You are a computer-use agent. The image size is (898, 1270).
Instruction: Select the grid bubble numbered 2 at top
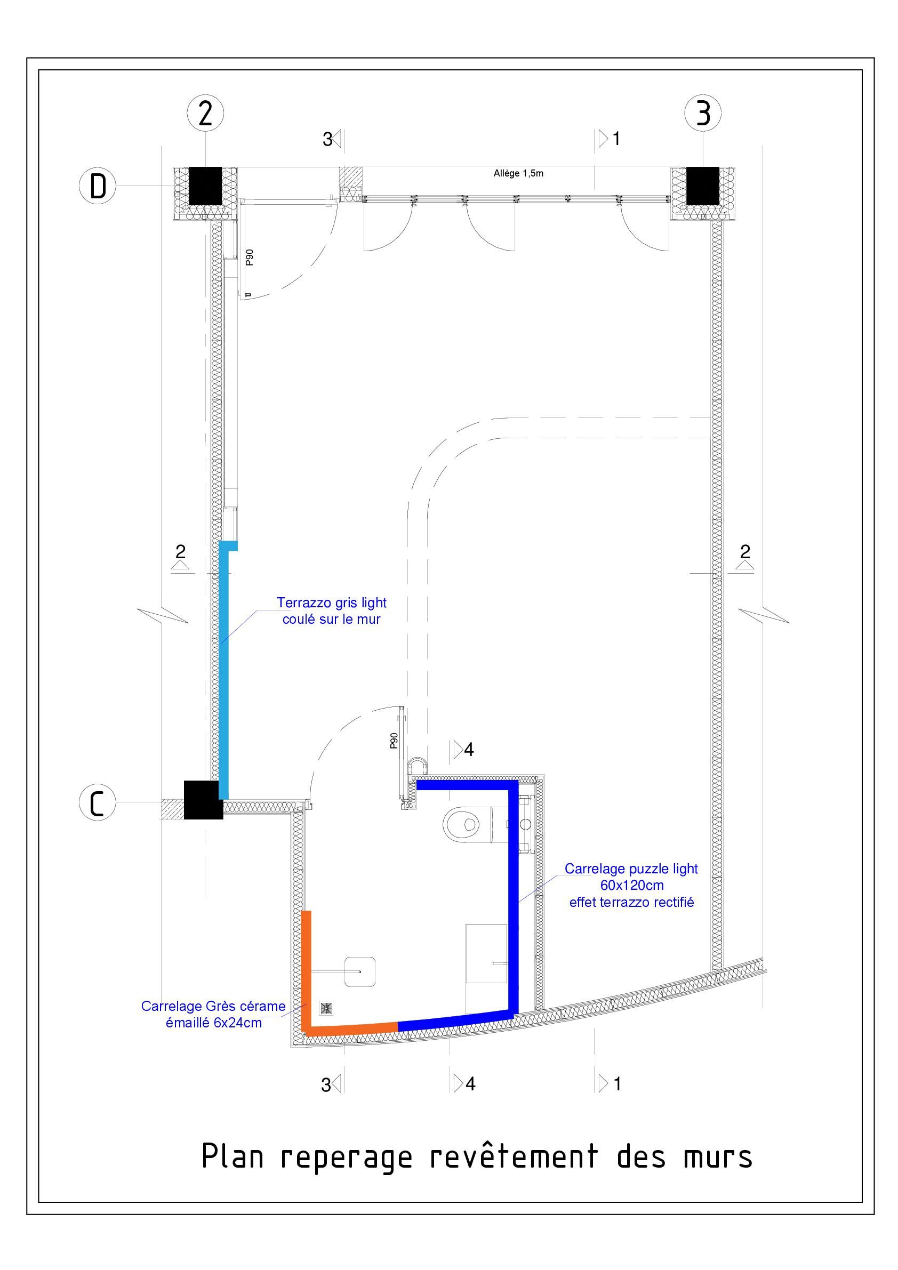click(205, 113)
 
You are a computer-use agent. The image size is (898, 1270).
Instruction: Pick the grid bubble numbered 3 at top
click(703, 113)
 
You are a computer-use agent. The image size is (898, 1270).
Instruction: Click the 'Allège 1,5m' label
click(518, 173)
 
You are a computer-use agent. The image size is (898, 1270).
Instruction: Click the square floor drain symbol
click(326, 1008)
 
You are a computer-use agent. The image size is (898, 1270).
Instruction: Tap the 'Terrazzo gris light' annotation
click(332, 602)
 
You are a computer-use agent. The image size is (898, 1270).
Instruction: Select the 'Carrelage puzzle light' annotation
click(631, 869)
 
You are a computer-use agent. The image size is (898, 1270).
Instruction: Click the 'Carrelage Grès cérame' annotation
click(214, 1006)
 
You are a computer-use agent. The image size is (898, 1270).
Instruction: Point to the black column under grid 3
click(703, 186)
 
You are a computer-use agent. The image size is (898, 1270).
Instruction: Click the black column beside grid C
click(203, 799)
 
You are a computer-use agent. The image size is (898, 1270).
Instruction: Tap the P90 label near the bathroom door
click(394, 741)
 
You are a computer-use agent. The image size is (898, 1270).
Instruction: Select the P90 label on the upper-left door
click(250, 257)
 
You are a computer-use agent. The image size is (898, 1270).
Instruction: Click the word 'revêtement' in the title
click(514, 1156)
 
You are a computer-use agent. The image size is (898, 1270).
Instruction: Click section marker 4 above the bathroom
click(463, 750)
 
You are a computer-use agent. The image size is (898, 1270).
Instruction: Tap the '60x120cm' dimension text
click(632, 885)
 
